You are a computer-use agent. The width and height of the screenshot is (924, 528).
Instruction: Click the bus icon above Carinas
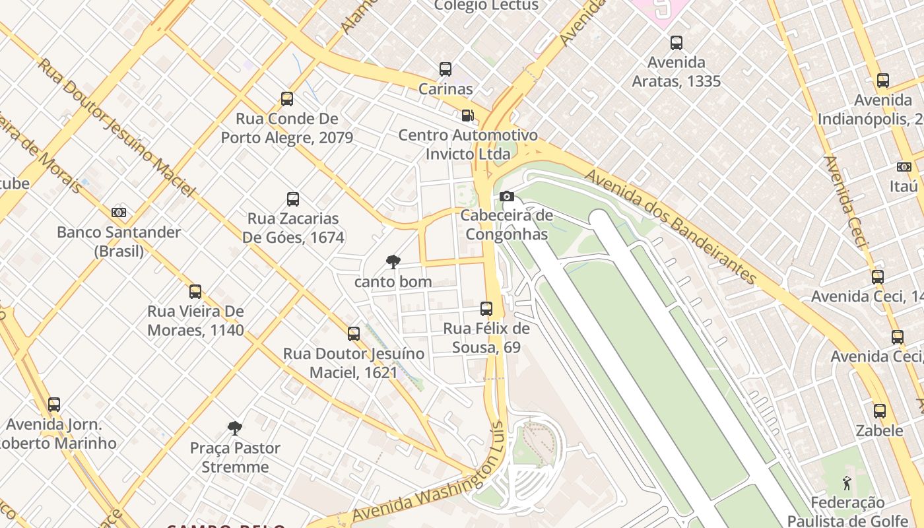(x=445, y=69)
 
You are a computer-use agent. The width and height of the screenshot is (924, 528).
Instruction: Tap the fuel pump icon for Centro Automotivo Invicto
(x=467, y=115)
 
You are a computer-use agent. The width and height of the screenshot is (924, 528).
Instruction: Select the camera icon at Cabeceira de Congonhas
(x=507, y=196)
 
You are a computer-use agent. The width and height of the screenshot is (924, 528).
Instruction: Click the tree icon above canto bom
(x=393, y=262)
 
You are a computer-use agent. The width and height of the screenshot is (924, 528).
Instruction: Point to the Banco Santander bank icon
(x=119, y=213)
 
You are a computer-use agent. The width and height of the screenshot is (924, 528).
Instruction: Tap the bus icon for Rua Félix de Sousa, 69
(x=486, y=308)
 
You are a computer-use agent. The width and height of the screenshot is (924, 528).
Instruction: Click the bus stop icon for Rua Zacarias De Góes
(x=293, y=199)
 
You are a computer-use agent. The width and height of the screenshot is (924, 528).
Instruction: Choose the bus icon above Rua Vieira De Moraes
(x=195, y=292)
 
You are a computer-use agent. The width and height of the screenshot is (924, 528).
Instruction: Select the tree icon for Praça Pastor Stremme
(x=235, y=428)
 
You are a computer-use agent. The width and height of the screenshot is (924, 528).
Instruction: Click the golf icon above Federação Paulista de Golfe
(x=847, y=483)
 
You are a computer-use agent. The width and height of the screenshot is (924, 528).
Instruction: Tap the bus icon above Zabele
(x=880, y=411)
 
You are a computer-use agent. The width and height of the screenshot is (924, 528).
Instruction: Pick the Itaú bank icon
(x=904, y=167)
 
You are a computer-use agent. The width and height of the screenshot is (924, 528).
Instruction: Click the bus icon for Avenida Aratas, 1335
(x=676, y=43)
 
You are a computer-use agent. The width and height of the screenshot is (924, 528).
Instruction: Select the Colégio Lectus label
(x=486, y=6)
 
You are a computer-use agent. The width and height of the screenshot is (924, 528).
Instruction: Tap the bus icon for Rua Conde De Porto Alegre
(x=287, y=99)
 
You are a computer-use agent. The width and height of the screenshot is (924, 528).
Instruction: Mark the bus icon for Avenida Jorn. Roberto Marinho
(x=54, y=405)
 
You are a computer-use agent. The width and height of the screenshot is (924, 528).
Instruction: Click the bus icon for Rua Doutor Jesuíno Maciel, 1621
(x=354, y=334)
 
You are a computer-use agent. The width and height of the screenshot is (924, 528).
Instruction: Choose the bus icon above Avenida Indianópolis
(x=883, y=81)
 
